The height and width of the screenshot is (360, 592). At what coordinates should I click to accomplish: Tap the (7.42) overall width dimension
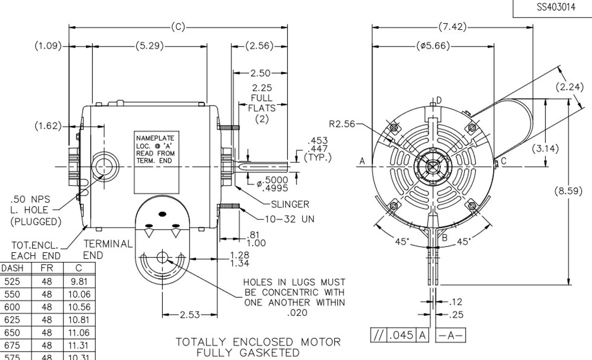tap(452, 27)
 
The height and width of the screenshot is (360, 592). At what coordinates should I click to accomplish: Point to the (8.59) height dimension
tap(568, 191)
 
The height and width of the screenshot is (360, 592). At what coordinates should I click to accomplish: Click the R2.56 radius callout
tap(343, 124)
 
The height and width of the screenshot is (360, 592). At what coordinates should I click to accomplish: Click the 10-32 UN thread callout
tap(290, 219)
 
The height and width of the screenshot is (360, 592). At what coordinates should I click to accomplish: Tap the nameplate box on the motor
tap(155, 162)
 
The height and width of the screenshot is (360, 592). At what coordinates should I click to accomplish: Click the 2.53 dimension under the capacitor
tap(190, 315)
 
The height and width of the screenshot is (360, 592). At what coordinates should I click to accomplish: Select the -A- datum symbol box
tap(450, 335)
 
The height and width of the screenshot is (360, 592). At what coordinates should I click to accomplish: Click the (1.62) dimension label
tap(48, 126)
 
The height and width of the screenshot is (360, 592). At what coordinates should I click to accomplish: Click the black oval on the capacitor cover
tap(162, 214)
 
